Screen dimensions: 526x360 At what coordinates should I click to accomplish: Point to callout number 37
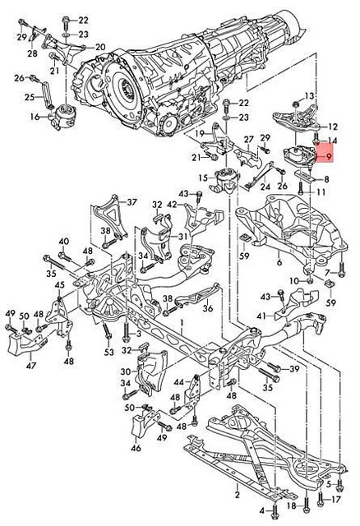(132, 202)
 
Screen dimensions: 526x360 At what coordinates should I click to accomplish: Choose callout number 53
(108, 352)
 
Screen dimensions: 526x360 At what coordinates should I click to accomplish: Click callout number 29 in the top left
(20, 37)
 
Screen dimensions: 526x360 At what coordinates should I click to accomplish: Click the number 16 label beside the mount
(35, 118)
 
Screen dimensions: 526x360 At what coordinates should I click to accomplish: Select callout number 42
(172, 204)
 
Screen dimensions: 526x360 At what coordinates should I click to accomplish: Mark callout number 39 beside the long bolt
(294, 369)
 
